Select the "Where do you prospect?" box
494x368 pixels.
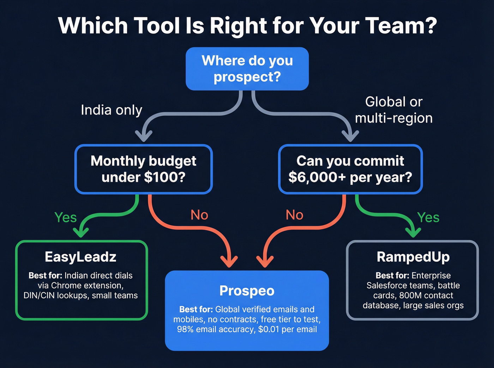tap(247, 69)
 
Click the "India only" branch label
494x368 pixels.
tap(112, 110)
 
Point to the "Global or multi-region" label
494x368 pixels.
tap(394, 110)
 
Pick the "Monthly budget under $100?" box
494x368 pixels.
tap(143, 169)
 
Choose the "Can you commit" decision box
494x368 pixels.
tap(350, 169)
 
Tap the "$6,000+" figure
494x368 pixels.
tap(317, 177)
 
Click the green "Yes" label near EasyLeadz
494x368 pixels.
tap(66, 217)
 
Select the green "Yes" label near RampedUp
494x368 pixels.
tap(428, 217)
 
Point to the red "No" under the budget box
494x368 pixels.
tap(199, 215)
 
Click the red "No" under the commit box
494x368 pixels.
tap(295, 215)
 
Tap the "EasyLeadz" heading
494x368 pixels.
tap(80, 257)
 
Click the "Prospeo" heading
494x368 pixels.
tap(247, 291)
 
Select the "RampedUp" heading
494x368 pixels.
tap(413, 257)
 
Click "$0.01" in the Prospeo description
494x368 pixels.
tap(269, 329)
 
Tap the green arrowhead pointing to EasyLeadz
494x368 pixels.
tap(81, 232)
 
